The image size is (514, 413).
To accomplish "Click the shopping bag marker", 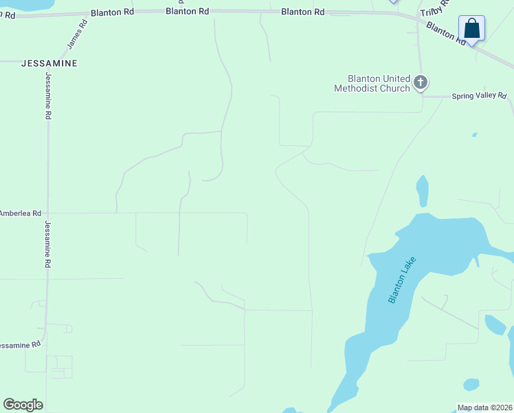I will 471,29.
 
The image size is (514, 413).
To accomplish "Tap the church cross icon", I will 421,83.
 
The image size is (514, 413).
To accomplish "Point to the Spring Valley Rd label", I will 478,96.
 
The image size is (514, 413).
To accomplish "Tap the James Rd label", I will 77,33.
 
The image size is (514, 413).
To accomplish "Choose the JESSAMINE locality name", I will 49,63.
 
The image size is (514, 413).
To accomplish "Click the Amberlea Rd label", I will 21,213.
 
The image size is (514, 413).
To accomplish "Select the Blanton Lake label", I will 402,279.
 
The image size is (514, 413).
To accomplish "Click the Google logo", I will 23,405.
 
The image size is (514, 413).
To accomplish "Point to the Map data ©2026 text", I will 484,407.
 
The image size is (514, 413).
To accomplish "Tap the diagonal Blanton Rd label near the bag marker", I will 446,33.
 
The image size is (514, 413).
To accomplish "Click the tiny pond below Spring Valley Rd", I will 474,135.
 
